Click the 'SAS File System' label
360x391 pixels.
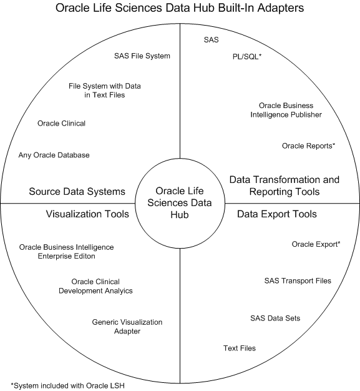pyautogui.click(x=142, y=56)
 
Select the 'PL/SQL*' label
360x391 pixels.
pyautogui.click(x=247, y=57)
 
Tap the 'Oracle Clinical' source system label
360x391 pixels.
pyautogui.click(x=61, y=124)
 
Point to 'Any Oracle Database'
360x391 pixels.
pyautogui.click(x=54, y=155)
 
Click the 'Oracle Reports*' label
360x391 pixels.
pyautogui.click(x=308, y=146)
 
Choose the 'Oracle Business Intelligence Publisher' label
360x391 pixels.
pyautogui.click(x=286, y=110)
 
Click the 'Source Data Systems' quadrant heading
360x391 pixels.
pyautogui.click(x=77, y=192)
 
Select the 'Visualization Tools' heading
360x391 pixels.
pyautogui.click(x=87, y=214)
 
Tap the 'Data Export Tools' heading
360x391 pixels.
pyautogui.click(x=277, y=214)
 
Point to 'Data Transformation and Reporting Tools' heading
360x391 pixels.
pyautogui.click(x=285, y=186)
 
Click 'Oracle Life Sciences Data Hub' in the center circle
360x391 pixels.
pyautogui.click(x=180, y=203)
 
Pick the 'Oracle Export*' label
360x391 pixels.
pyautogui.click(x=316, y=244)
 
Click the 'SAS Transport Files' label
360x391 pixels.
pyautogui.click(x=298, y=281)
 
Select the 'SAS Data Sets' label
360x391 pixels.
pyautogui.click(x=275, y=319)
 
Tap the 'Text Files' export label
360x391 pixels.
pyautogui.click(x=240, y=349)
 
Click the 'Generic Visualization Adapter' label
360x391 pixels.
pyautogui.click(x=127, y=327)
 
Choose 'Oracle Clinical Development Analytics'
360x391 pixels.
pyautogui.click(x=95, y=286)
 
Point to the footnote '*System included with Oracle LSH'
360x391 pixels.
pyautogui.click(x=68, y=386)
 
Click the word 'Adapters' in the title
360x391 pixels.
pyautogui.click(x=281, y=8)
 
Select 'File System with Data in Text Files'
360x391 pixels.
pyautogui.click(x=105, y=91)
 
